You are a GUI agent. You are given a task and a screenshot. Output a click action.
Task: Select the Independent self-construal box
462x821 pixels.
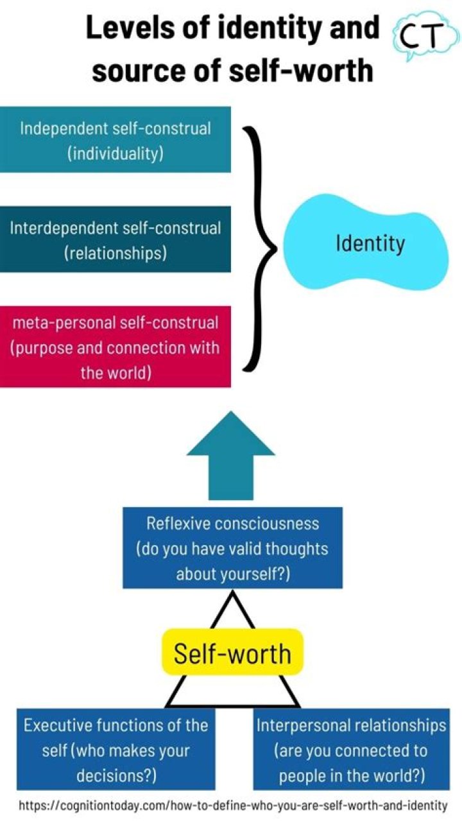click(x=116, y=140)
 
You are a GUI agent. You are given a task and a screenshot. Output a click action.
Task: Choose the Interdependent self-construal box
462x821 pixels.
click(x=116, y=239)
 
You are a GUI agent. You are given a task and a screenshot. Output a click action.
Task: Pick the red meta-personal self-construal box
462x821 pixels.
click(x=116, y=347)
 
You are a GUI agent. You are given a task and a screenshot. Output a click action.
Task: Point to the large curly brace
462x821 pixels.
click(x=260, y=247)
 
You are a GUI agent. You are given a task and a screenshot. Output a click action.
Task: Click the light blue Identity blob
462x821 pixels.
click(x=370, y=243)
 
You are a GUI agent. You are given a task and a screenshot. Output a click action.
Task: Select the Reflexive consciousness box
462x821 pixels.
click(x=232, y=548)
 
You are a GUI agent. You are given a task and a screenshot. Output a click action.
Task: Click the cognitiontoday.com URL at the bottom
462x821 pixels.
click(x=233, y=805)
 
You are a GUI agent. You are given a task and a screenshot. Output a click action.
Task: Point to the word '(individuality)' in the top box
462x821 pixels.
click(x=116, y=153)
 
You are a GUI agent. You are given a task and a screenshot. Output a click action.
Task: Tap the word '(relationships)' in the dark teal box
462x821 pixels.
click(x=116, y=252)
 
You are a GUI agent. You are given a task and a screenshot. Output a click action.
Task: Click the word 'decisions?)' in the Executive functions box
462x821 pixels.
click(x=116, y=775)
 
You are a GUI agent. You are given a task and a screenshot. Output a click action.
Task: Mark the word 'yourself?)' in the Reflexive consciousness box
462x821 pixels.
click(x=233, y=573)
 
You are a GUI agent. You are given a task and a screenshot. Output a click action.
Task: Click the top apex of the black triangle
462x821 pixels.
click(x=232, y=592)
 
